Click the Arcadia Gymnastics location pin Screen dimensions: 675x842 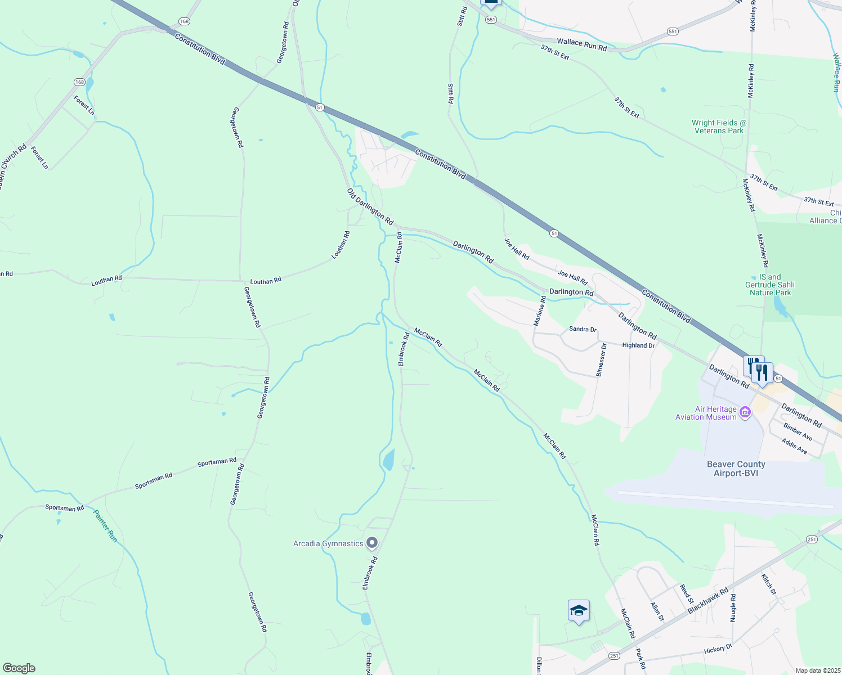371,543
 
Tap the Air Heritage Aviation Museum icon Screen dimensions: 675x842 746,413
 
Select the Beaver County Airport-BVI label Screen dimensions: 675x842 736,469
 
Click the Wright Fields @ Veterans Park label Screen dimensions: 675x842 718,127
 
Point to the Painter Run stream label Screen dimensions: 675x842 105,526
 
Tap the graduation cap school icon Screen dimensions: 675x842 579,611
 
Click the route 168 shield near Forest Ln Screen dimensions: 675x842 79,82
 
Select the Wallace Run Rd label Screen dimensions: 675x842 581,45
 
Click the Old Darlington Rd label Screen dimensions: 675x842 370,207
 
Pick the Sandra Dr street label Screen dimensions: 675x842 583,329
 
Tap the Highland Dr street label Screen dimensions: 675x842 638,345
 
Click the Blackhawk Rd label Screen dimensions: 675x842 708,600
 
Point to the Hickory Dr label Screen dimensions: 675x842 718,649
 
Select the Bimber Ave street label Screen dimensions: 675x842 798,432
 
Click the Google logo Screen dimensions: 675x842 19,668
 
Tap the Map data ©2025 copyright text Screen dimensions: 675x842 817,670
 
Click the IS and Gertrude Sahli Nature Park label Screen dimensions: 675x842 770,285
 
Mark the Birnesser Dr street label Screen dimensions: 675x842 601,360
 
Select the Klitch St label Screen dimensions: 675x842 768,584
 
